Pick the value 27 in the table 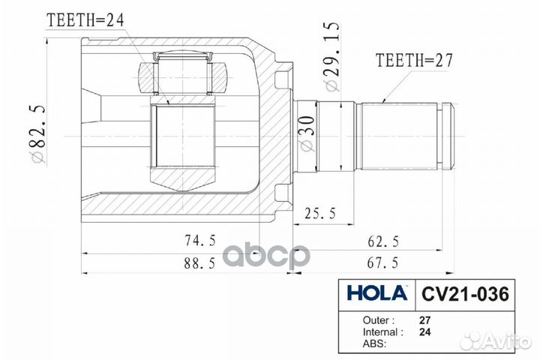[x=425, y=319]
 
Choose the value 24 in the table [x=425, y=331]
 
